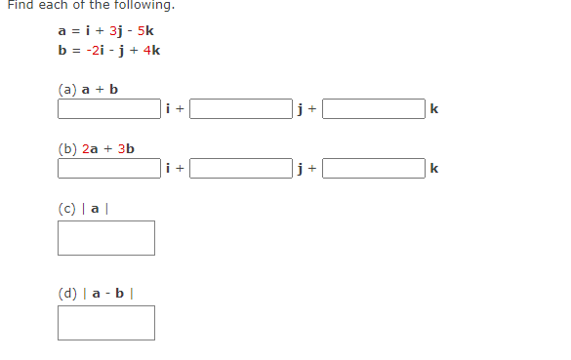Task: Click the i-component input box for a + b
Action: pyautogui.click(x=108, y=109)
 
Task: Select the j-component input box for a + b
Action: pyautogui.click(x=241, y=109)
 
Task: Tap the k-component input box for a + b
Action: pyautogui.click(x=374, y=109)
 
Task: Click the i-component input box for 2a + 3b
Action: pyautogui.click(x=108, y=169)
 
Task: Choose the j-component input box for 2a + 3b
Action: pyautogui.click(x=241, y=169)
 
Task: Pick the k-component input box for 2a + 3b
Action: pyautogui.click(x=374, y=169)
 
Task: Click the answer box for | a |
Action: pyautogui.click(x=105, y=238)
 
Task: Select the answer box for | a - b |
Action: pyautogui.click(x=105, y=323)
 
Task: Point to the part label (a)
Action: pyautogui.click(x=66, y=89)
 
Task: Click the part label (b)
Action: pyautogui.click(x=66, y=149)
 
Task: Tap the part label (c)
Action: pyautogui.click(x=66, y=208)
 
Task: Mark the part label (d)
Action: pyautogui.click(x=66, y=293)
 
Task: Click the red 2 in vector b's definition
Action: pyautogui.click(x=90, y=50)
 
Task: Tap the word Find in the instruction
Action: pyautogui.click(x=20, y=5)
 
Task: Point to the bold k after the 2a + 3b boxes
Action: pyautogui.click(x=434, y=170)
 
